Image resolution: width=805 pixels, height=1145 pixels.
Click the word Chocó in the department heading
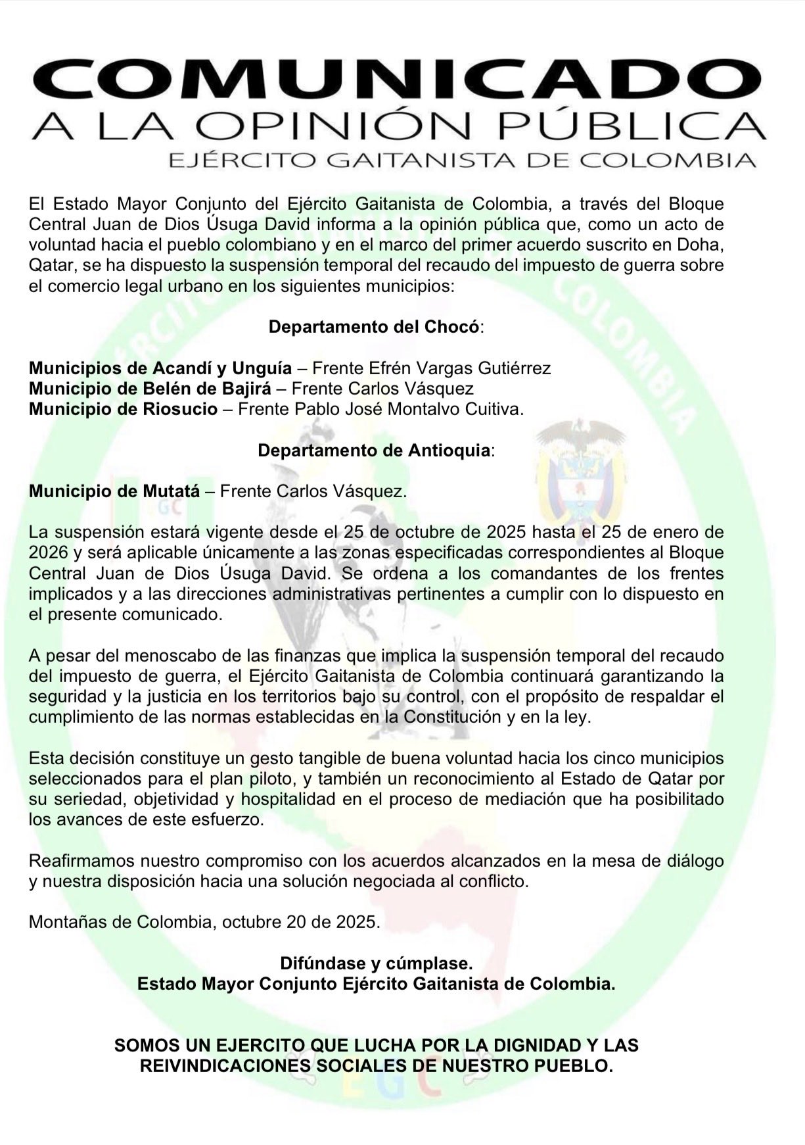(454, 327)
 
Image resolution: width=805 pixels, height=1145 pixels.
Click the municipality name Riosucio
(180, 409)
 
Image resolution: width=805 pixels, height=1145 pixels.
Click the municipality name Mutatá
(168, 491)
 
